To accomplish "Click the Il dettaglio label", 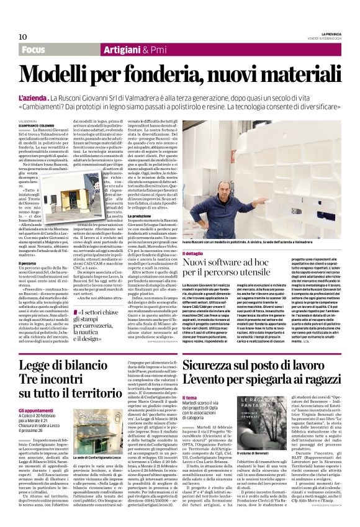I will tap(194, 255).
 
